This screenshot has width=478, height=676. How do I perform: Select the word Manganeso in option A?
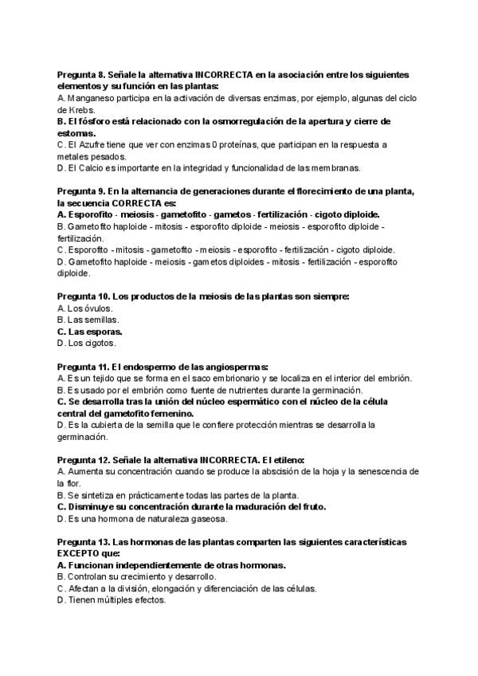90,97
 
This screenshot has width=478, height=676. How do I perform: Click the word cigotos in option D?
100,343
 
